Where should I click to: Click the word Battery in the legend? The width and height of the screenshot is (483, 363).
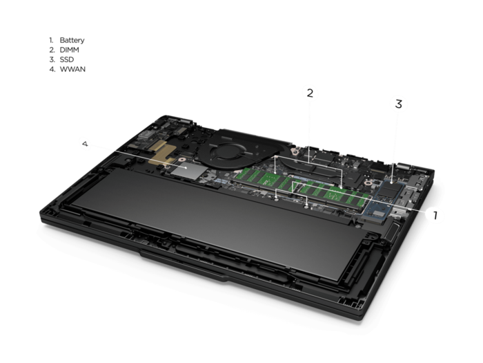click(x=72, y=40)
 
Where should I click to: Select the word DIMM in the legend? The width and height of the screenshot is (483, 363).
click(x=69, y=50)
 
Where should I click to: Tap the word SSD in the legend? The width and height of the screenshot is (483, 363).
click(x=66, y=59)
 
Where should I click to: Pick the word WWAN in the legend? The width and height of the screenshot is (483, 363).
click(x=72, y=69)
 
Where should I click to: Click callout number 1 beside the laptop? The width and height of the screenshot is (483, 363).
click(x=435, y=215)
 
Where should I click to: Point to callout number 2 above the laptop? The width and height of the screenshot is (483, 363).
click(x=310, y=93)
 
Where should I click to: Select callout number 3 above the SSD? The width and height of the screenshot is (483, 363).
click(x=399, y=104)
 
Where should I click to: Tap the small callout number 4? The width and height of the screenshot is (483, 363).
click(x=86, y=144)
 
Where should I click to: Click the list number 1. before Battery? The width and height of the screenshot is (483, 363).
click(x=51, y=40)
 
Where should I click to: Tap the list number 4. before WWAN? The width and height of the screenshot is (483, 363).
click(x=52, y=69)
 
